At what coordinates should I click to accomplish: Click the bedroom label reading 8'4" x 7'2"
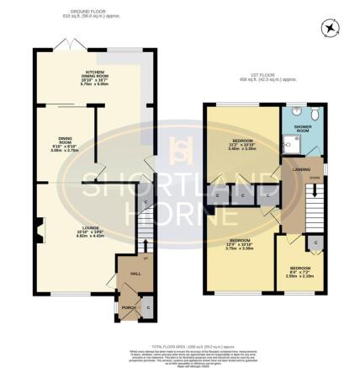(296, 272)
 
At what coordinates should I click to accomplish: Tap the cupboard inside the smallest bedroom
(315, 243)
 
